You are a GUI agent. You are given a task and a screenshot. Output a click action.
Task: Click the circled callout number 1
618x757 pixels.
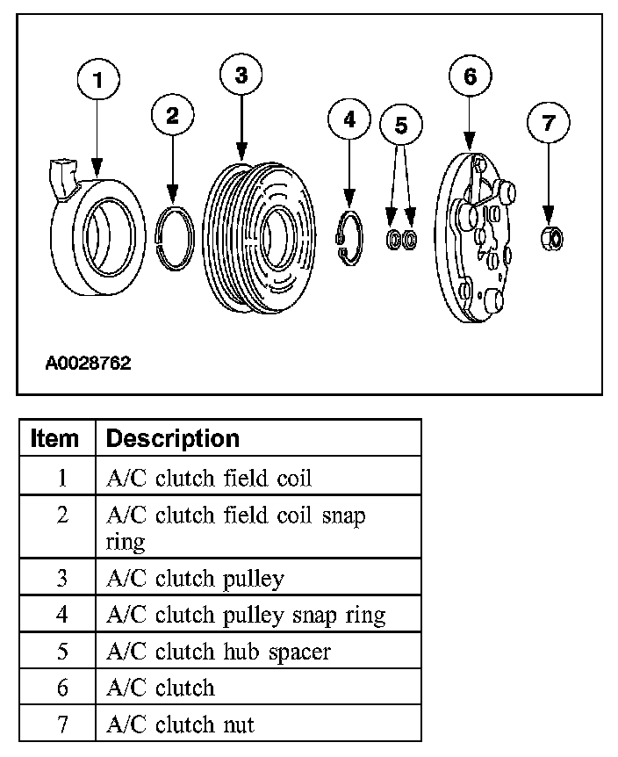click(x=97, y=80)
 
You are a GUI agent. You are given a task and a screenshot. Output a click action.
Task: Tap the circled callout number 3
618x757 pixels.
click(x=241, y=76)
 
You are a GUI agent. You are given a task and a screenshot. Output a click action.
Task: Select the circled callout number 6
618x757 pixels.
click(x=470, y=76)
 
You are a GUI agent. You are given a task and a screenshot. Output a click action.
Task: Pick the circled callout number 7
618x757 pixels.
click(x=549, y=123)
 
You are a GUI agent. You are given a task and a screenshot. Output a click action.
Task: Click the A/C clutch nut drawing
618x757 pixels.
click(x=550, y=238)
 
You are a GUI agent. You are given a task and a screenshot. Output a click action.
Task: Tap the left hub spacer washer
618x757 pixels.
click(x=394, y=238)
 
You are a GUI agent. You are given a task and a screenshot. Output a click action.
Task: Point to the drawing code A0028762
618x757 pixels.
click(x=88, y=363)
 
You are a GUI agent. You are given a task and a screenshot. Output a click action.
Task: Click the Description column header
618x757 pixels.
click(x=172, y=437)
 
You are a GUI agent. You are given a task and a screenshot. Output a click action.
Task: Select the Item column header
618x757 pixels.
click(x=54, y=437)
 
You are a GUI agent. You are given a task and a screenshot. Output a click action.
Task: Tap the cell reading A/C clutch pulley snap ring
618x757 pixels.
click(x=246, y=615)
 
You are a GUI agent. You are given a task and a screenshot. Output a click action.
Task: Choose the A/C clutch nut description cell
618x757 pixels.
click(x=180, y=725)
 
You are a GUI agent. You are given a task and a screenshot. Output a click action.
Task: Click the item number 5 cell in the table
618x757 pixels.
click(x=61, y=652)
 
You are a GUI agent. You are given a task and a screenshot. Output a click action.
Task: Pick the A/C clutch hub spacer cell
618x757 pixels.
click(x=217, y=652)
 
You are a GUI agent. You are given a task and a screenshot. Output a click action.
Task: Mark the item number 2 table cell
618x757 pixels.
click(x=61, y=515)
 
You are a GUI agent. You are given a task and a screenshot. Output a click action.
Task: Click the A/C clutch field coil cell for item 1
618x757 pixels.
click(x=208, y=479)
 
